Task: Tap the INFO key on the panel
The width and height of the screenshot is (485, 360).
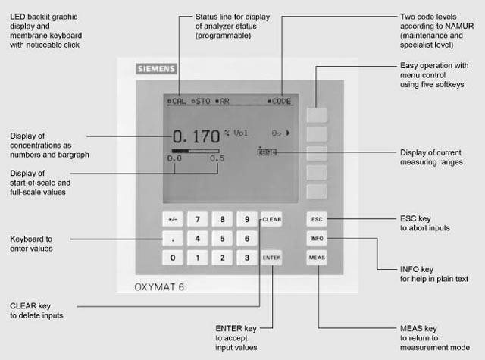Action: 317,239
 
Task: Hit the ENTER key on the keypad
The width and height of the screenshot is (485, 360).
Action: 271,258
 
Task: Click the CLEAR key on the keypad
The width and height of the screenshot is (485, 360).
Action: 271,220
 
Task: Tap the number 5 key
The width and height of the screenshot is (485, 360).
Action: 222,239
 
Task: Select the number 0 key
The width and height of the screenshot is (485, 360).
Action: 174,258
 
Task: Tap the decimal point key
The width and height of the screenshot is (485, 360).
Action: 174,239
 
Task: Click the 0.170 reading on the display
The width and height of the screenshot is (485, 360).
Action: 196,137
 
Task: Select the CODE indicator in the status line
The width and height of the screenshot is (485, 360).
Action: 278,100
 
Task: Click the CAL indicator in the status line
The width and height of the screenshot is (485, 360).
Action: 176,100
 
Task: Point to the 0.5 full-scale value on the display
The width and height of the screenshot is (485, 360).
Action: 217,158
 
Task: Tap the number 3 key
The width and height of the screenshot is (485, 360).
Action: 246,258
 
